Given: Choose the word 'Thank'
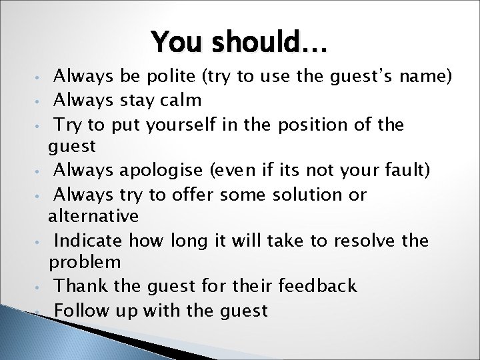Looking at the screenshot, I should coord(77,287).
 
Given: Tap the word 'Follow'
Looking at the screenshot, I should coord(79,310).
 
